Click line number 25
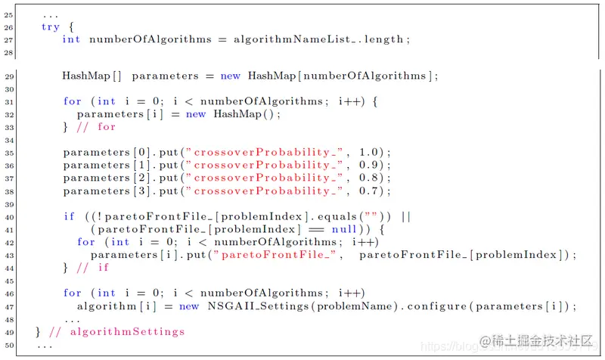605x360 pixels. (x=9, y=14)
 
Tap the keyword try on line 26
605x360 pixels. (x=50, y=26)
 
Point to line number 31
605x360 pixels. (x=9, y=101)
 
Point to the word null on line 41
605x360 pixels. (x=343, y=230)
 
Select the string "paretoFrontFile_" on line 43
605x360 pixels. (x=276, y=255)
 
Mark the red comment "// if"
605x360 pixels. (x=93, y=268)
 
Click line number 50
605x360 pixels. (x=9, y=345)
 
